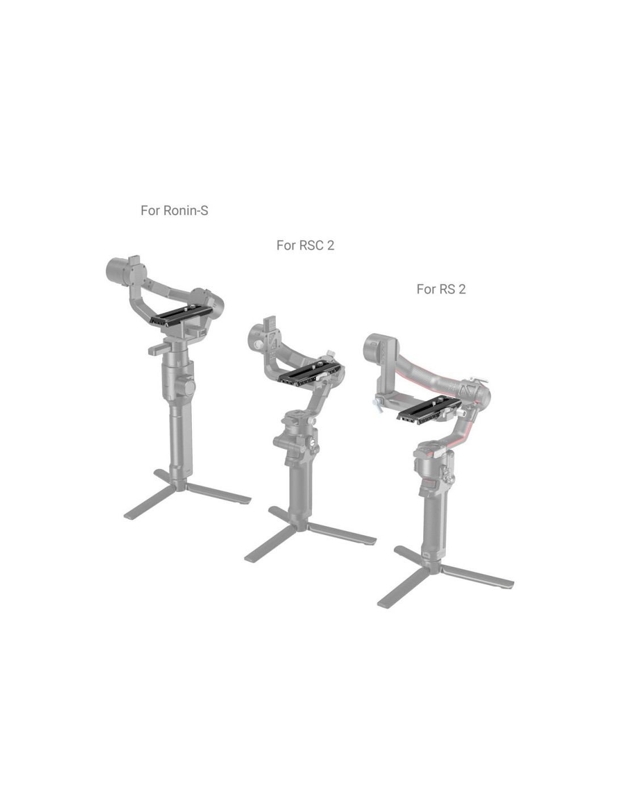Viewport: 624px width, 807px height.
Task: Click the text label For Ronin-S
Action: tap(174, 211)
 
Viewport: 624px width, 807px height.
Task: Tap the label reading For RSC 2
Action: tap(305, 245)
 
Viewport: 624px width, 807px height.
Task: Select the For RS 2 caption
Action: tap(441, 289)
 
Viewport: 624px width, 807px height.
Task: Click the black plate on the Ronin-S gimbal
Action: tap(182, 314)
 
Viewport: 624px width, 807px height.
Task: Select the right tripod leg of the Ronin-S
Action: tap(219, 493)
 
